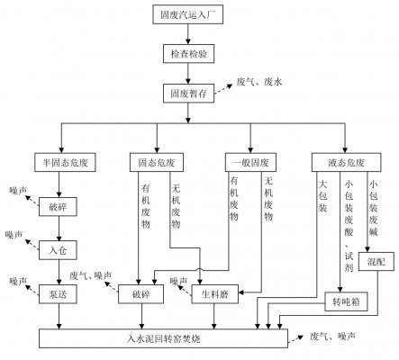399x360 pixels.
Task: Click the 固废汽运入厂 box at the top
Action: [x=187, y=15]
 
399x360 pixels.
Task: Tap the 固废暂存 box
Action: [x=187, y=93]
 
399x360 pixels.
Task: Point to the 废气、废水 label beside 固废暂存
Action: [x=260, y=82]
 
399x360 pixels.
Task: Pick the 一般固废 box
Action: [x=247, y=163]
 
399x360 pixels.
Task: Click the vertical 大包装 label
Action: [x=322, y=202]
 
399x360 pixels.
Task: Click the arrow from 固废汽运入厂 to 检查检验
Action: [x=187, y=35]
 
